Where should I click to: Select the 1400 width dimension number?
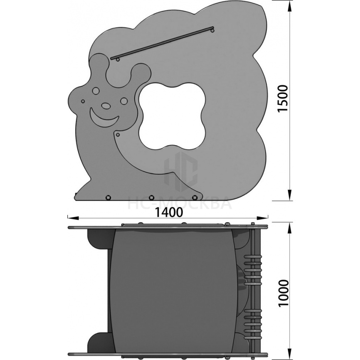pyautogui.click(x=169, y=212)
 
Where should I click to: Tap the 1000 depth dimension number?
pyautogui.click(x=283, y=293)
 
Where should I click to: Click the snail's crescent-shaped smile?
pyautogui.click(x=104, y=118)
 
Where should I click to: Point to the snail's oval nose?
pyautogui.click(x=106, y=106)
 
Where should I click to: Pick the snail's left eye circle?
pyautogui.click(x=96, y=91)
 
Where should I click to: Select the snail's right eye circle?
pyautogui.click(x=124, y=101)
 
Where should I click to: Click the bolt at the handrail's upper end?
pyautogui.click(x=212, y=30)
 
